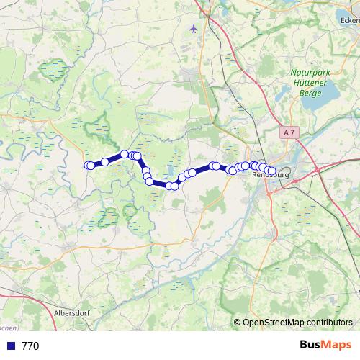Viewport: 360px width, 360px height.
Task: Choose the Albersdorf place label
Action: [x=72, y=314]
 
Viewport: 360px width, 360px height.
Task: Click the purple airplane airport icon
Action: [x=194, y=29]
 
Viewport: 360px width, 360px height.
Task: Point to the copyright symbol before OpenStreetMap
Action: [x=238, y=323]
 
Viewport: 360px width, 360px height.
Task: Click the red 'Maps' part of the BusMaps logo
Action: [x=337, y=346]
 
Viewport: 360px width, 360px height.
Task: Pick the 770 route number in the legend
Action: [x=30, y=346]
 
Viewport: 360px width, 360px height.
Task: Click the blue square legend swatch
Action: [x=11, y=346]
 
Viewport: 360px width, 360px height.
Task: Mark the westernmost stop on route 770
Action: [x=89, y=165]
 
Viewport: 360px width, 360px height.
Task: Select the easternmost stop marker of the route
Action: [x=272, y=171]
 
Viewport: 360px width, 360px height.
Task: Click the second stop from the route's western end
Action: [x=91, y=165]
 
